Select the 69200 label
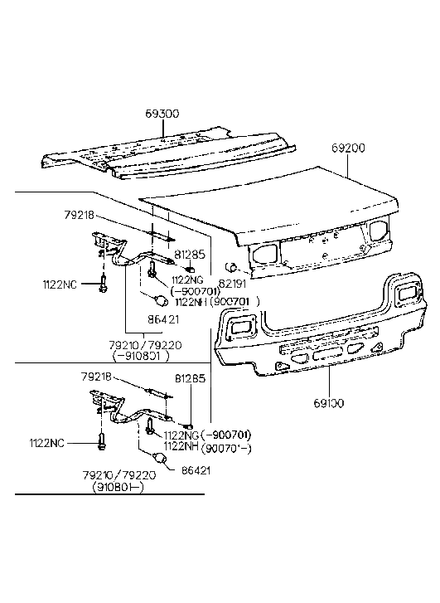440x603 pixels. [x=348, y=148]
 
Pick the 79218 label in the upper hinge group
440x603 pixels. [x=80, y=216]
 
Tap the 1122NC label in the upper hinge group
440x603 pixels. [x=60, y=284]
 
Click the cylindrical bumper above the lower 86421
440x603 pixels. [x=158, y=457]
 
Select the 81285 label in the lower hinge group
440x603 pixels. [x=191, y=379]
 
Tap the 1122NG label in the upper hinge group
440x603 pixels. [x=189, y=280]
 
